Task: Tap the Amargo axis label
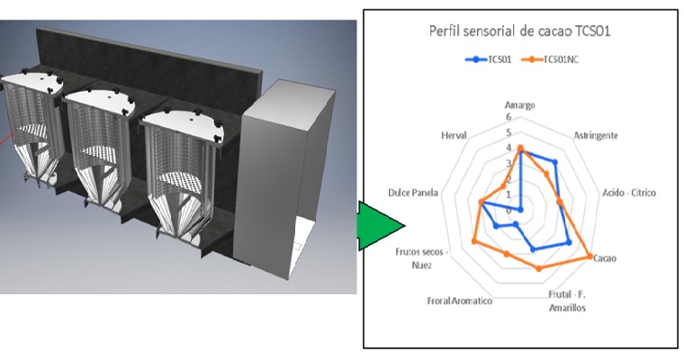[x=520, y=105]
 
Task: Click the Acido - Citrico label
[x=629, y=193]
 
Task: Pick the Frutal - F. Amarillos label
[x=567, y=301]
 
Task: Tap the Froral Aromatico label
[x=460, y=300]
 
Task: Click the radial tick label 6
[x=509, y=117]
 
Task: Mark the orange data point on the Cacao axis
[x=590, y=256]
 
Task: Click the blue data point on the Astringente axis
[x=554, y=163]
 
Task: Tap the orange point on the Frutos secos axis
[x=474, y=238]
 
